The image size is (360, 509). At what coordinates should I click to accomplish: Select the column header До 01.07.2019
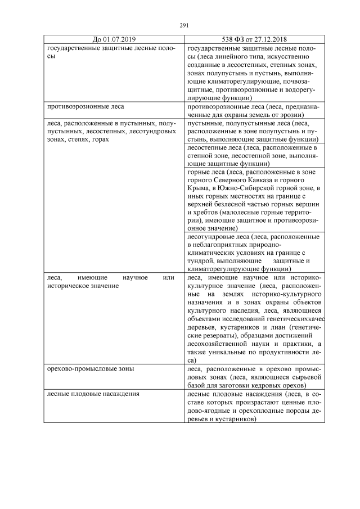(x=114, y=39)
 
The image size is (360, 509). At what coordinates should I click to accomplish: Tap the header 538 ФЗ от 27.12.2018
(x=255, y=39)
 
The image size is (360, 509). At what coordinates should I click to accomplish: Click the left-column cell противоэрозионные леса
(x=86, y=105)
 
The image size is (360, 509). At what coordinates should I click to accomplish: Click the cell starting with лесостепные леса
(x=255, y=155)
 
